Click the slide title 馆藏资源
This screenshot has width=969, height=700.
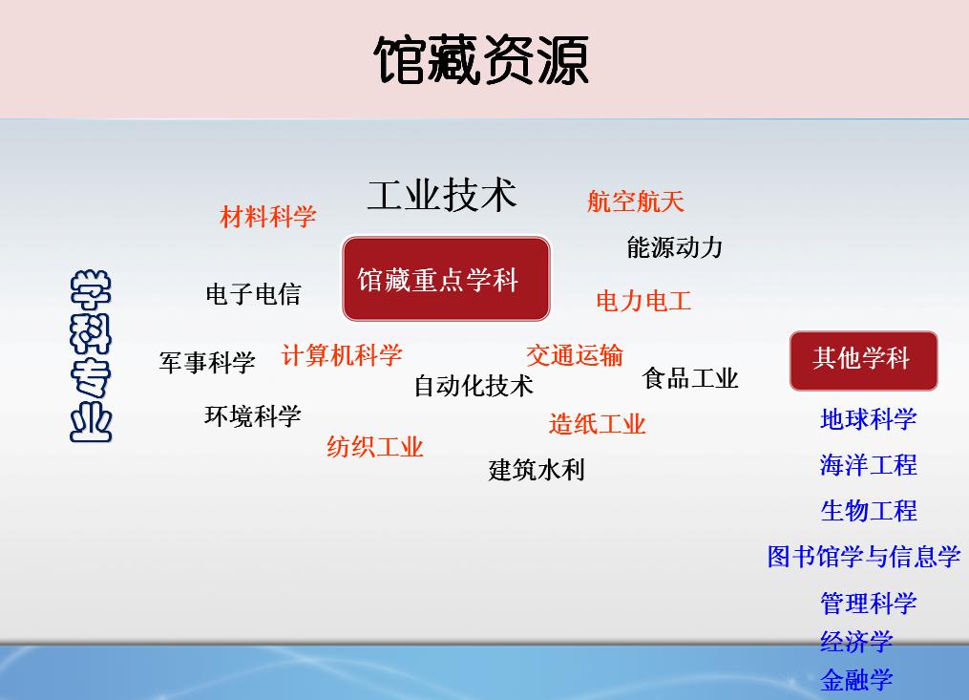pos(481,60)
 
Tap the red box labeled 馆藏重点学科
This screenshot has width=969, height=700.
pos(446,279)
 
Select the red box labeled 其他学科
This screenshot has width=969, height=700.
pos(863,361)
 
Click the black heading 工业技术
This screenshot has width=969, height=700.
pos(442,196)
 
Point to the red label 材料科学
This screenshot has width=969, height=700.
pos(268,217)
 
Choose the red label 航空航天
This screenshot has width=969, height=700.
pos(635,201)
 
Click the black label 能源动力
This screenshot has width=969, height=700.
pos(675,247)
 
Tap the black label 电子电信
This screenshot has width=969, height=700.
pos(253,294)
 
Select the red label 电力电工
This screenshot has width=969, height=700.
pos(644,301)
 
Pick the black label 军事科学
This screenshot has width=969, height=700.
pos(207,362)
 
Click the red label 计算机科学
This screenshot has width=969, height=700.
pos(342,355)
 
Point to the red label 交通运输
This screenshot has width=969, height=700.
pos(575,355)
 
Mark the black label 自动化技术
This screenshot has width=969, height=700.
pos(474,385)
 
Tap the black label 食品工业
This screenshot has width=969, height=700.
pos(690,378)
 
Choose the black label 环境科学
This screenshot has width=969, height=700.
pos(253,415)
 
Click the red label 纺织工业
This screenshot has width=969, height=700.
pos(375,447)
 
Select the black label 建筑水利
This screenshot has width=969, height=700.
pos(537,470)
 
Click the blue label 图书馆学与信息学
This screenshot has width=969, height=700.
pos(864,557)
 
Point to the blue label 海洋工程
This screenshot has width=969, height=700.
pos(868,465)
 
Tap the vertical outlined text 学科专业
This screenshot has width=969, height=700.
pos(91,356)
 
